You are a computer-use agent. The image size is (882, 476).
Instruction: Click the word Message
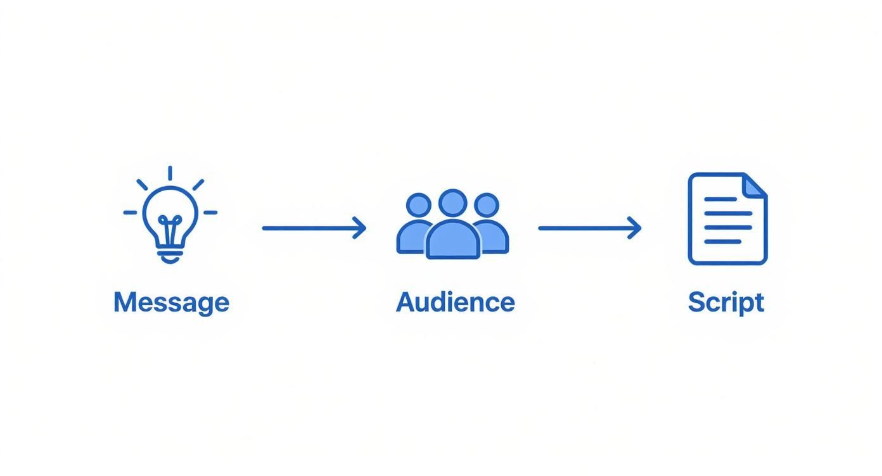(171, 303)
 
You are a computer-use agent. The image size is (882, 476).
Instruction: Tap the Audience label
(455, 302)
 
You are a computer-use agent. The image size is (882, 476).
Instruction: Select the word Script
(726, 303)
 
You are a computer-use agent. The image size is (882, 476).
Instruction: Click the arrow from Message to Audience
(314, 228)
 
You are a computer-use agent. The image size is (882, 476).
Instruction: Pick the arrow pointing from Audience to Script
(589, 228)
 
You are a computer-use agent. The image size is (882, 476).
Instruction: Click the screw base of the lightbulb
(170, 256)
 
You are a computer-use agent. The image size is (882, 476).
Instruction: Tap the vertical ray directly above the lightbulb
(170, 173)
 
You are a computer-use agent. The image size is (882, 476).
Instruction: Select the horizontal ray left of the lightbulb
(130, 213)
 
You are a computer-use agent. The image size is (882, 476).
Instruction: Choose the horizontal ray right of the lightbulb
(210, 213)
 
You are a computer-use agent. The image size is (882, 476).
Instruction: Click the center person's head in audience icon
(452, 203)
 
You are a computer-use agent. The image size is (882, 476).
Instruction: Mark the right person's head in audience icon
(487, 206)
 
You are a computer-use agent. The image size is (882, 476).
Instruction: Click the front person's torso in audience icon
(452, 241)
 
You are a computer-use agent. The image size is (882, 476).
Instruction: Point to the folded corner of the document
(755, 185)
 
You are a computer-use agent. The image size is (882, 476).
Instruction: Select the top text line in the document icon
(720, 199)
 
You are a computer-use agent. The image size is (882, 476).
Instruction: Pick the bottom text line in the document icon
(722, 242)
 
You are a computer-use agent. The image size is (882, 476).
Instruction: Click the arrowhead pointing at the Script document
(636, 228)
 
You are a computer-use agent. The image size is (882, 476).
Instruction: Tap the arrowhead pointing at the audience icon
(360, 228)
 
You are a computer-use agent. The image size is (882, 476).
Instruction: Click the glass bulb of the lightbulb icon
(170, 209)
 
